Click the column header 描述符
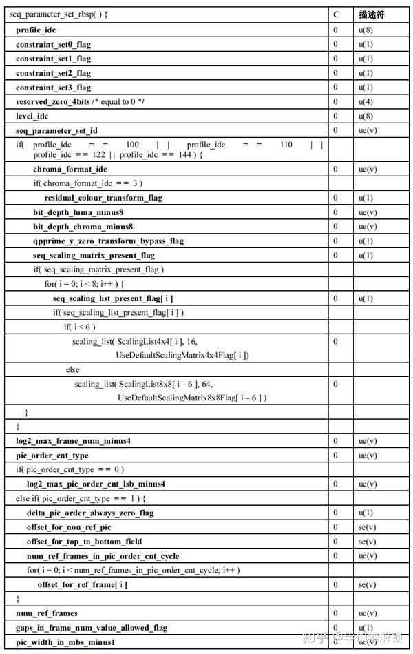[372, 15]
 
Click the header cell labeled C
[336, 15]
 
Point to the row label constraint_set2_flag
[53, 73]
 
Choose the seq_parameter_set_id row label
[56, 130]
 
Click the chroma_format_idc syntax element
[70, 169]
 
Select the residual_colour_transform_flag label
[103, 198]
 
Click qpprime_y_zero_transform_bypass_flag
[108, 241]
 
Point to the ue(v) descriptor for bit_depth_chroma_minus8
[367, 227]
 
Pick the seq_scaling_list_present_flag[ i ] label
[113, 298]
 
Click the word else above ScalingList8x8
[72, 369]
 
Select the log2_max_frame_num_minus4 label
[74, 441]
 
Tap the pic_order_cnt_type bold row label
[52, 456]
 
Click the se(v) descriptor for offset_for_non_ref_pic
[367, 527]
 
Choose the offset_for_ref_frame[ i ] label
[82, 584]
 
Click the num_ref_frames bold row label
[47, 613]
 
